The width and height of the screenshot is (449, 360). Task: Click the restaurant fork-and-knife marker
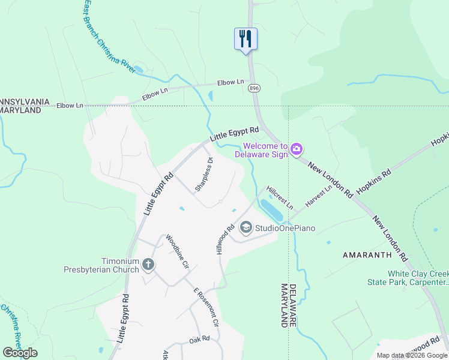click(x=246, y=39)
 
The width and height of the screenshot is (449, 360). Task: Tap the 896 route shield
click(x=254, y=88)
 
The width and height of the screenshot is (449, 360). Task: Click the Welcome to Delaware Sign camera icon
click(x=296, y=149)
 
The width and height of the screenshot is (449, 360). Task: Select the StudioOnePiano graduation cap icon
click(x=246, y=227)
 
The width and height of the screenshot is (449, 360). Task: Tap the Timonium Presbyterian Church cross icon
click(x=148, y=264)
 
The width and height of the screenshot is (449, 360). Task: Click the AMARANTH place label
click(x=367, y=255)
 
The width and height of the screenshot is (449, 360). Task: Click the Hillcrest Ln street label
click(x=280, y=196)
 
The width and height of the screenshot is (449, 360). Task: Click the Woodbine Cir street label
click(x=178, y=251)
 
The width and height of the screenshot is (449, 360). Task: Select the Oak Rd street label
click(x=199, y=338)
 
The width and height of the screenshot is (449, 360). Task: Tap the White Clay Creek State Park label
click(x=408, y=278)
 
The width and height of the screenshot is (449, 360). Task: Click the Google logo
click(x=20, y=353)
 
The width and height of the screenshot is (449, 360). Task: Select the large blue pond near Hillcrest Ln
click(x=273, y=210)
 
